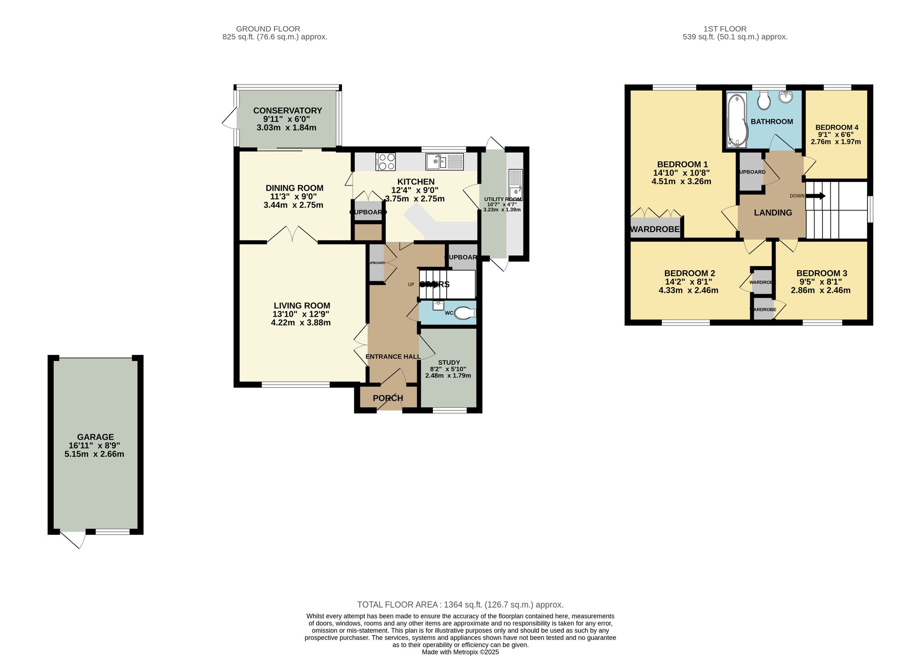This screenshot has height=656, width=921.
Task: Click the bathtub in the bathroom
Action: pyautogui.click(x=736, y=121)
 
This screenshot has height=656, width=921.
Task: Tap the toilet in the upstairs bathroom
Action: pyautogui.click(x=764, y=101)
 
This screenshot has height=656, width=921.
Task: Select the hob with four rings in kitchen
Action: pyautogui.click(x=385, y=162)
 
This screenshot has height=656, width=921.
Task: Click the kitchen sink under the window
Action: pyautogui.click(x=445, y=162)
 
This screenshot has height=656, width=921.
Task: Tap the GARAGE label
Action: pyautogui.click(x=95, y=437)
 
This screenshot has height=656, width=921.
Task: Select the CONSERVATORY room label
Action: pyautogui.click(x=287, y=110)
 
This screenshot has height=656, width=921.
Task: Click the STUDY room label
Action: pyautogui.click(x=449, y=363)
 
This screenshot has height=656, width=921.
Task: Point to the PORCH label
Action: pyautogui.click(x=388, y=398)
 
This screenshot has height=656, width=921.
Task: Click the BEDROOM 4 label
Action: pyautogui.click(x=837, y=128)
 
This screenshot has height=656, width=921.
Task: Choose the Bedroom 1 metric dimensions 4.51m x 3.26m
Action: pyautogui.click(x=681, y=181)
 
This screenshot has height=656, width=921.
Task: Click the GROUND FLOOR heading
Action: pyautogui.click(x=268, y=29)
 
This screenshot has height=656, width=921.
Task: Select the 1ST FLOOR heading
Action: pyautogui.click(x=725, y=29)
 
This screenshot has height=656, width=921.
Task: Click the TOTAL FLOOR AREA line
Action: pyautogui.click(x=460, y=604)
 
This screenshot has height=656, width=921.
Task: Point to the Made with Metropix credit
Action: pyautogui.click(x=460, y=652)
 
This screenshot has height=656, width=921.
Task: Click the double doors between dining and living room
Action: pyautogui.click(x=292, y=234)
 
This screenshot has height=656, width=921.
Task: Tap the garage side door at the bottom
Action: pyautogui.click(x=74, y=540)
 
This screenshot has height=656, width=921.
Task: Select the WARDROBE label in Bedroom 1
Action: pyautogui.click(x=654, y=229)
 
